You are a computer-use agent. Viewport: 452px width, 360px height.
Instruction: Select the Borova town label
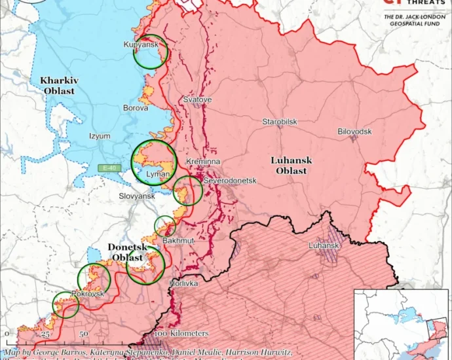(x=136, y=107)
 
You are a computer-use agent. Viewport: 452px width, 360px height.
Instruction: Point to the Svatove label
(x=197, y=99)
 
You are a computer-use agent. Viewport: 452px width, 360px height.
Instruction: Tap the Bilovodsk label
(x=354, y=132)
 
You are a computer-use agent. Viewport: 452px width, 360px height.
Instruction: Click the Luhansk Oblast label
(x=292, y=165)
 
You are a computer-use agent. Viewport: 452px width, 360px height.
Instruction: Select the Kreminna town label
(x=203, y=161)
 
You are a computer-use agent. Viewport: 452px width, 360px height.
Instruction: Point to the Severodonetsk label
(x=229, y=179)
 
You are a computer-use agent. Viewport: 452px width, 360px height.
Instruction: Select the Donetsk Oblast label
(x=127, y=252)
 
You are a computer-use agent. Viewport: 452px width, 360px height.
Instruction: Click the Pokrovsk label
(x=88, y=295)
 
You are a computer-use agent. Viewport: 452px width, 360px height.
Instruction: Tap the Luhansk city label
(x=324, y=245)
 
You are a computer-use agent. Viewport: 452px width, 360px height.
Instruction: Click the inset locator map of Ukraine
(x=402, y=323)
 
